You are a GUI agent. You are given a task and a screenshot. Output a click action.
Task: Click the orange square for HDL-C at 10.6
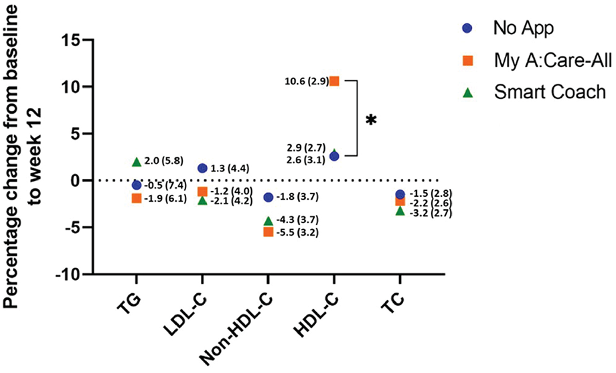pos(334,81)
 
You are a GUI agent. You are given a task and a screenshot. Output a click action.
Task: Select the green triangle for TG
pos(137,162)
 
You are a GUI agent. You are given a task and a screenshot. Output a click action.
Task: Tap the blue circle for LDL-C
pos(202,168)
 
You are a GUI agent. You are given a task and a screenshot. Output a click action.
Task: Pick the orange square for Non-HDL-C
pos(268,232)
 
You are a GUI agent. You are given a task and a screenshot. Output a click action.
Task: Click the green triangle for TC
pos(400,211)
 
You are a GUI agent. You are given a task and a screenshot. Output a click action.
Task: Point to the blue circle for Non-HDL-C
pos(268,198)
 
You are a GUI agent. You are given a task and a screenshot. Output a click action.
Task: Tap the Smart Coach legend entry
pos(529,92)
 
